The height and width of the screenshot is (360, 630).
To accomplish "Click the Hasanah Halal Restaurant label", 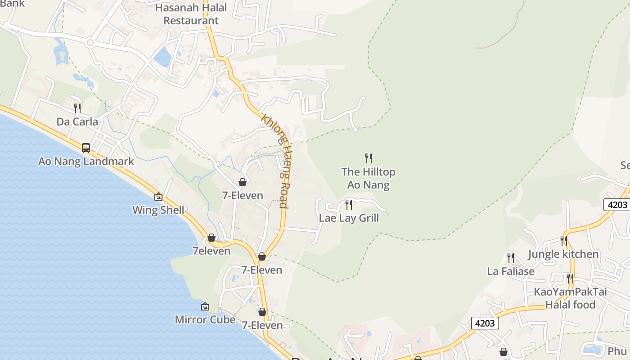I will (191, 14).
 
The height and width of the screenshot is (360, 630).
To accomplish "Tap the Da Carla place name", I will (77, 121).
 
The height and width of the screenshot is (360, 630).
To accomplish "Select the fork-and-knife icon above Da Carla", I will (77, 108).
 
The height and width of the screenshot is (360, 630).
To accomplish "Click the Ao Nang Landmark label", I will (86, 161).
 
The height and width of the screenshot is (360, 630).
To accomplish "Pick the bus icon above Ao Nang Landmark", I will (86, 148).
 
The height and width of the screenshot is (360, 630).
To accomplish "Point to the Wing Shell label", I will (158, 210).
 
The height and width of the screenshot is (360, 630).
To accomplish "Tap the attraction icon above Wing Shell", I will (158, 197).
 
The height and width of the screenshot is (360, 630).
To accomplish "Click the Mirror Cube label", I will (205, 319).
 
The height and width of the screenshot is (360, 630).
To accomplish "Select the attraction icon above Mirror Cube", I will (205, 306).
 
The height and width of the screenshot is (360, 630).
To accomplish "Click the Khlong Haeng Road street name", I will (274, 161).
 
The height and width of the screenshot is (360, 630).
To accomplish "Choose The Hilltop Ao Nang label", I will (368, 178).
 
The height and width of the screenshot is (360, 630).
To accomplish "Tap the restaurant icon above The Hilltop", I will (368, 158).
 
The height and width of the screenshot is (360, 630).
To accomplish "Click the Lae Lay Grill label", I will (349, 218).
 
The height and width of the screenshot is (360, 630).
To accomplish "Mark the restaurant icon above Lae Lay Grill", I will (349, 205).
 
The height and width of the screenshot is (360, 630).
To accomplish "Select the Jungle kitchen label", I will (563, 254).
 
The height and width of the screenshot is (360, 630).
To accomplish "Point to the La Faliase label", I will (511, 271).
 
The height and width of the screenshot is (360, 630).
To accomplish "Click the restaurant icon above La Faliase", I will (511, 257).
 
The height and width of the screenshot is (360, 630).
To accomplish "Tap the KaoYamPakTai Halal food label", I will (570, 298).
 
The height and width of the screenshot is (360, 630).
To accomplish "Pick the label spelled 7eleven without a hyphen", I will (211, 251).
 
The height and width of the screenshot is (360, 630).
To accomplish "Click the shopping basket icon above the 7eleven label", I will (211, 238).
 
